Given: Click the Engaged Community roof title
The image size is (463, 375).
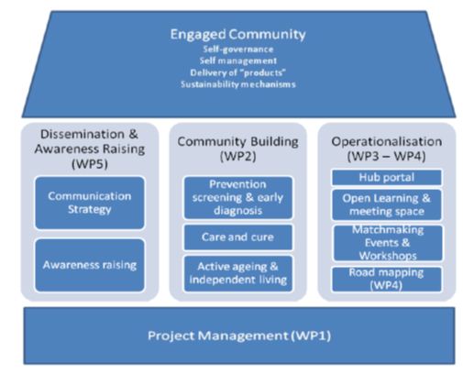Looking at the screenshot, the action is click(x=237, y=34).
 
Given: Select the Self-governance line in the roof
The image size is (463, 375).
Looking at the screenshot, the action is click(x=238, y=50).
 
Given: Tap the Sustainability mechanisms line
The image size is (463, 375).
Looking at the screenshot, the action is click(x=238, y=84).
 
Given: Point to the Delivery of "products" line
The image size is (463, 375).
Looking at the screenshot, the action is click(x=238, y=72).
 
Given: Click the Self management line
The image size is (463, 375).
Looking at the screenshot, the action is click(x=238, y=61).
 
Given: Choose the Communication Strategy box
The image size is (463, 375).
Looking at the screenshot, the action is click(x=90, y=203).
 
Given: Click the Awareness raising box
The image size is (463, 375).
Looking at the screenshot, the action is click(x=90, y=265).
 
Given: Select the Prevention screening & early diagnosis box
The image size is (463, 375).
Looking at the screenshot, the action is click(x=237, y=197).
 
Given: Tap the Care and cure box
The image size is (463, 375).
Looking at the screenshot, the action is click(x=237, y=237).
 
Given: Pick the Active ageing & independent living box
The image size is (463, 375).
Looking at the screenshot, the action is click(x=237, y=273).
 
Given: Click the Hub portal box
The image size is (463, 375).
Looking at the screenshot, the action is click(x=387, y=178).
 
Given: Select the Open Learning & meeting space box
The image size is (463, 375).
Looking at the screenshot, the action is click(x=387, y=204).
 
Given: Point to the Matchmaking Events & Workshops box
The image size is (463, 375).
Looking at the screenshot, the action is click(x=388, y=243).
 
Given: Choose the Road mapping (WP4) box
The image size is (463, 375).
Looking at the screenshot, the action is click(x=387, y=279).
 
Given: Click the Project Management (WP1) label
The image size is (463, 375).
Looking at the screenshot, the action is click(x=239, y=336).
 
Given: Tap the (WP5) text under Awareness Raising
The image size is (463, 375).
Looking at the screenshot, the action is click(x=90, y=164).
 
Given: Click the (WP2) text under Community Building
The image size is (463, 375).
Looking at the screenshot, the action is click(x=237, y=156).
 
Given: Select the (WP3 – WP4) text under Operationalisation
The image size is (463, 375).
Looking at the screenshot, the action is click(x=387, y=156).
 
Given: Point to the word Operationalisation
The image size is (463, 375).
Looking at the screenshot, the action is click(x=387, y=141).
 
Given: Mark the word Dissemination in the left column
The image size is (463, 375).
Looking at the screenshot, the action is click(x=83, y=134).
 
